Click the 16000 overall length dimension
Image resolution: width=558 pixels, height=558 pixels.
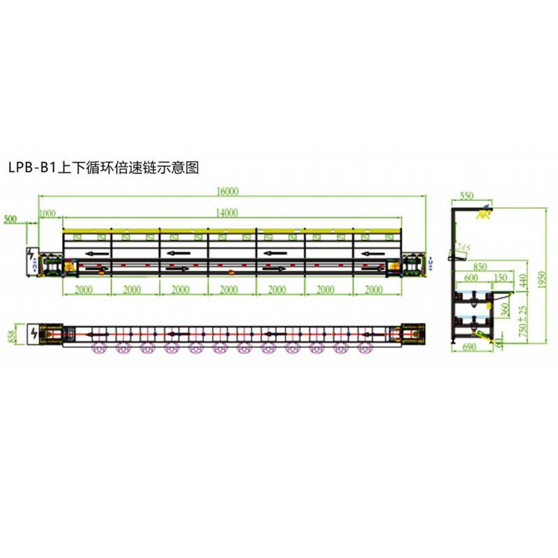click(227, 192)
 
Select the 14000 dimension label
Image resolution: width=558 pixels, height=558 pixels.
click(227, 213)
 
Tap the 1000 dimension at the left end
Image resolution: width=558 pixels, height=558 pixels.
click(47, 213)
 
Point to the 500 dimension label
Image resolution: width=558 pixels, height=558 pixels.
click(11, 219)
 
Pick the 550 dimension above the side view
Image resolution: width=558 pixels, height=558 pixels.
click(467, 196)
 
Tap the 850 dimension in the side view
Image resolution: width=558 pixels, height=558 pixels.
click(479, 266)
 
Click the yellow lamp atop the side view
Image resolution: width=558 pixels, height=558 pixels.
click(482, 212)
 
